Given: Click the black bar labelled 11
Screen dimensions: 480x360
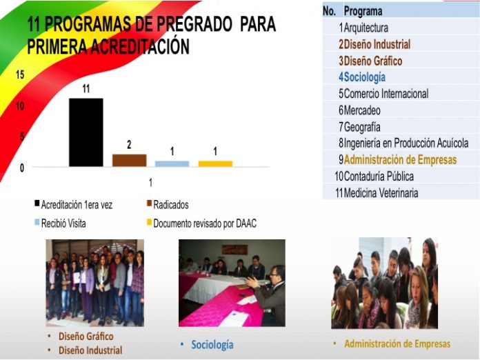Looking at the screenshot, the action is (x=86, y=132).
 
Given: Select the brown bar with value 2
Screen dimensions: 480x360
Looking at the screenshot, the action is (x=129, y=161).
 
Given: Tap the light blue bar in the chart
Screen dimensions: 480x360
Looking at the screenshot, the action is (x=172, y=163).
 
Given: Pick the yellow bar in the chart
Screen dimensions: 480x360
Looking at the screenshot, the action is (x=215, y=163).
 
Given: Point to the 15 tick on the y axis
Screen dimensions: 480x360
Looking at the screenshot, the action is (x=20, y=74).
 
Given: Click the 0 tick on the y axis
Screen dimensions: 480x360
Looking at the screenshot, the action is (x=22, y=168).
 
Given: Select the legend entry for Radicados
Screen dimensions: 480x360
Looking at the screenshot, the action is (x=168, y=205).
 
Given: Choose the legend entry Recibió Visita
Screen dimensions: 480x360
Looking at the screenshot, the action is (x=60, y=223).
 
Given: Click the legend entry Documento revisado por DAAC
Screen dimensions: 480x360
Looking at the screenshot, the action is (x=202, y=223).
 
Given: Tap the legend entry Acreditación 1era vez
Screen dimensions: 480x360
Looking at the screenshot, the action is (x=74, y=205).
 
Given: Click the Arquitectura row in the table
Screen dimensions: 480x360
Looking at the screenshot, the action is (x=366, y=28).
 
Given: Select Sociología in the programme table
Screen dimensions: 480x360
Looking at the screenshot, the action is (x=364, y=77).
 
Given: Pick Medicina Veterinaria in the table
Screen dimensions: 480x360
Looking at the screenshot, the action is (x=381, y=193).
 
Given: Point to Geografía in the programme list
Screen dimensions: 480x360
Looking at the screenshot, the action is (x=362, y=127).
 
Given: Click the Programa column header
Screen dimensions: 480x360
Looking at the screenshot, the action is (x=363, y=11).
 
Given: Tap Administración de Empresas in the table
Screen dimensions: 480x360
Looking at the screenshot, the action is (x=400, y=159).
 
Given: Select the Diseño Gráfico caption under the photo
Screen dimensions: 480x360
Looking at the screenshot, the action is (x=86, y=337).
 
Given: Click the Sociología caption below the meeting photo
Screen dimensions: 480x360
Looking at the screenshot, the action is (x=212, y=345).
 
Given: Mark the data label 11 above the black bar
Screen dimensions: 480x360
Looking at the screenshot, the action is (x=86, y=89).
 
